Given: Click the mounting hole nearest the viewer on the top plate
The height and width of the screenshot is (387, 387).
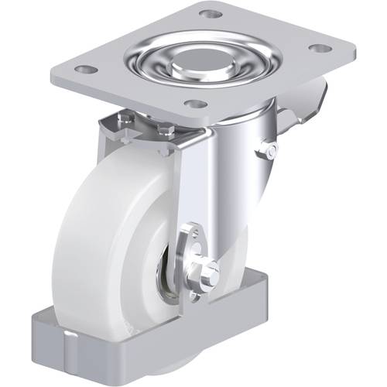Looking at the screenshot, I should (197, 104).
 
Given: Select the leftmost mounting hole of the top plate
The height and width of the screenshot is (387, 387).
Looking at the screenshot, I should (87, 69).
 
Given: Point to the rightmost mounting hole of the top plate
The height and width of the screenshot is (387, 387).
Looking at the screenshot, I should (318, 48).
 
